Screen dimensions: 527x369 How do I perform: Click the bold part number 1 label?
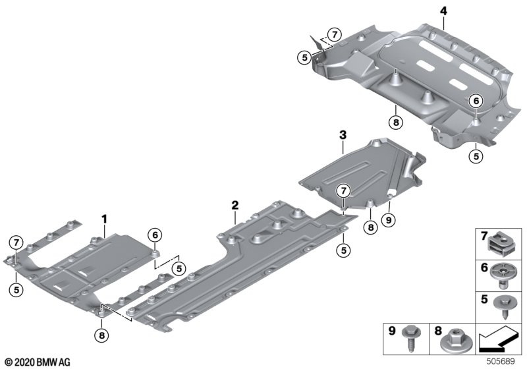click(x=103, y=217)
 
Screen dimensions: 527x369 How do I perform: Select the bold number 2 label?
click(x=235, y=206)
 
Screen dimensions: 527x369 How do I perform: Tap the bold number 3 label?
click(x=343, y=136)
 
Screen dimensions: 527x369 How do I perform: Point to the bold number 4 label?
click(x=443, y=11)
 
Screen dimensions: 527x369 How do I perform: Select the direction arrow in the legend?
click(x=499, y=341)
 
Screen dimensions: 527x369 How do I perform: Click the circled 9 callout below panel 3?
click(x=389, y=219)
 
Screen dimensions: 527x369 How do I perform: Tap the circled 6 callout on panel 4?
click(x=475, y=101)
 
